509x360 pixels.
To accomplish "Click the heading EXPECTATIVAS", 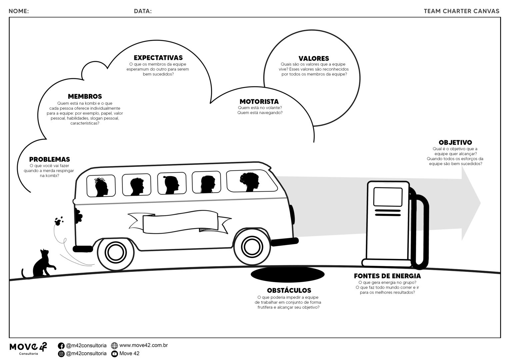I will click(158, 58).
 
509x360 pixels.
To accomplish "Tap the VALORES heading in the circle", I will click(314, 58).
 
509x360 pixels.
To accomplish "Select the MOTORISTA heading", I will click(259, 101).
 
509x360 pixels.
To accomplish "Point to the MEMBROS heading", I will click(85, 96).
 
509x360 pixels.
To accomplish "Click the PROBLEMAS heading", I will click(49, 159).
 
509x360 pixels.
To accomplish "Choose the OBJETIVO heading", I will click(455, 143).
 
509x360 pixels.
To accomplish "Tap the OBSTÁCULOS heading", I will click(289, 290).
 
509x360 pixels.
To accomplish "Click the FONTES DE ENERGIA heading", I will click(387, 276).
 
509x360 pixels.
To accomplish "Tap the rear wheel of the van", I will click(114, 253).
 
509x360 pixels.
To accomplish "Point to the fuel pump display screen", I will click(388, 197).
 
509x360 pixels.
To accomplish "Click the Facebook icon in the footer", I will click(61, 346).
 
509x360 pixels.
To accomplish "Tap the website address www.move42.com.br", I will click(143, 345).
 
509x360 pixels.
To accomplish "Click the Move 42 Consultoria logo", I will click(28, 348).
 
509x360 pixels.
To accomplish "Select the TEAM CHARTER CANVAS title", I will click(461, 11).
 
